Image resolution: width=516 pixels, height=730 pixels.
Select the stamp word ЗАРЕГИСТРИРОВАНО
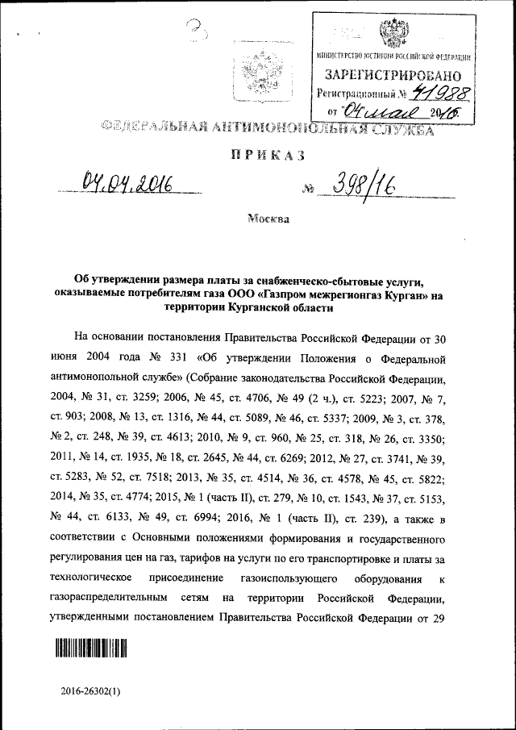click(x=392, y=76)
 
